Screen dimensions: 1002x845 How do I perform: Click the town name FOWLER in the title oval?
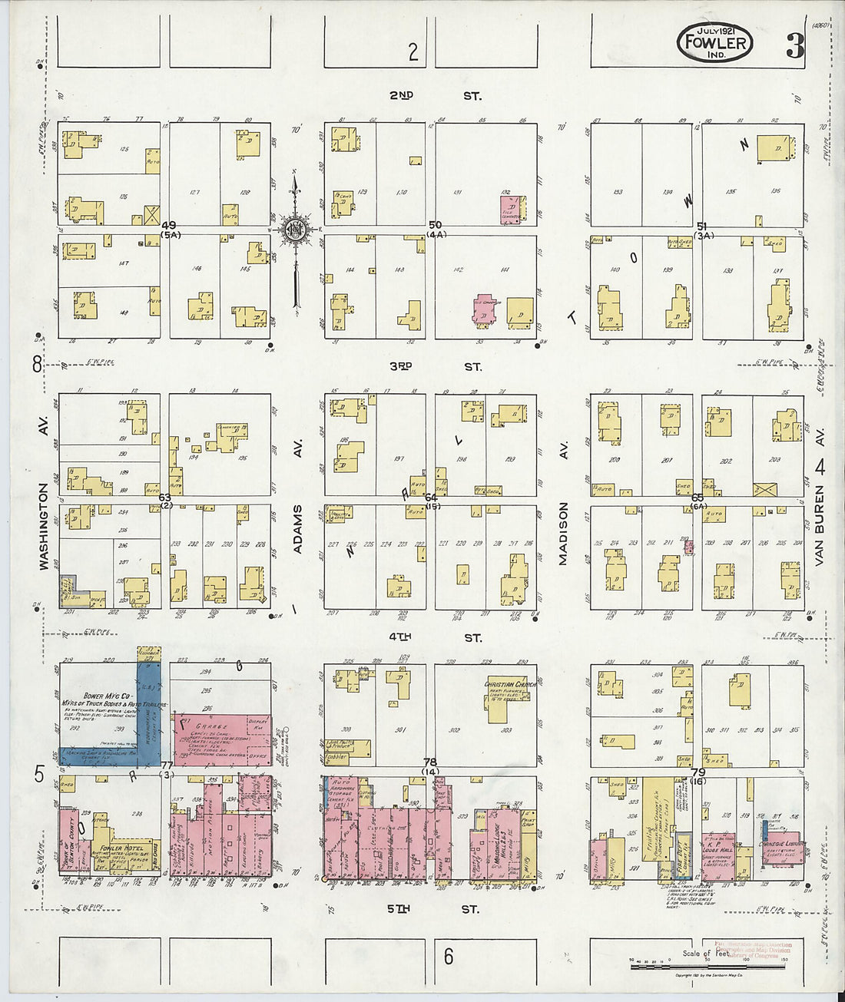(715, 42)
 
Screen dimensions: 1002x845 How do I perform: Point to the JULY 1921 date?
(715, 30)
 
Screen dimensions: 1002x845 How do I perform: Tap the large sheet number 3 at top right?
(795, 46)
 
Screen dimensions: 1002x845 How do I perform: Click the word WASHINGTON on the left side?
(44, 526)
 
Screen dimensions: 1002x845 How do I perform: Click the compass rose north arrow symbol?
(295, 230)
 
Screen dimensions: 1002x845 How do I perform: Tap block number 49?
(169, 225)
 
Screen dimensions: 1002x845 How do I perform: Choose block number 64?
(431, 498)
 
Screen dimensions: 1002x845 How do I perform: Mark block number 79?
(698, 772)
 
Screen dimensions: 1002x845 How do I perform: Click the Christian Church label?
(509, 684)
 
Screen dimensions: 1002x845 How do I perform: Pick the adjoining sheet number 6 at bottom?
(448, 957)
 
